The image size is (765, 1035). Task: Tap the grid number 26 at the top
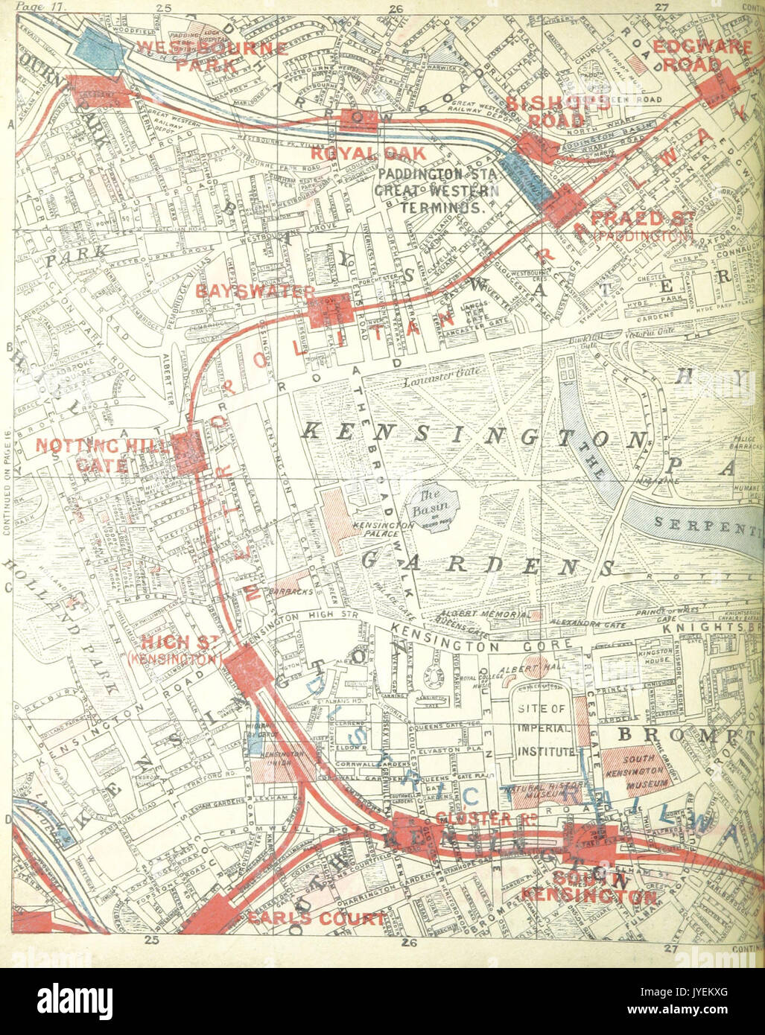[396, 8]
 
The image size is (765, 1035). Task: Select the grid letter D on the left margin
[7, 820]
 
